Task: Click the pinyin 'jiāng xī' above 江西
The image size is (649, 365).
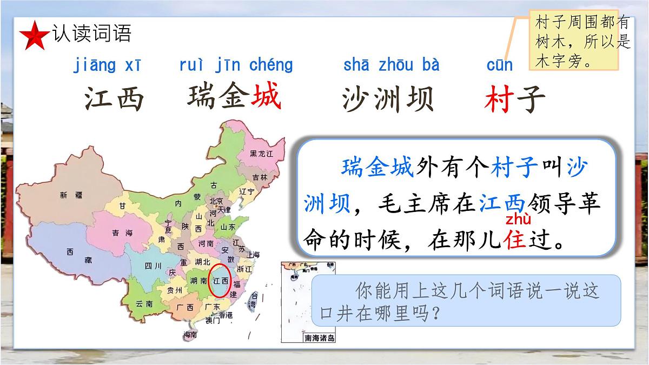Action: pyautogui.click(x=107, y=65)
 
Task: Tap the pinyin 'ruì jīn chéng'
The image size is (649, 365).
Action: pyautogui.click(x=236, y=65)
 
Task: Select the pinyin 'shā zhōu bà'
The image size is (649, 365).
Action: pyautogui.click(x=391, y=65)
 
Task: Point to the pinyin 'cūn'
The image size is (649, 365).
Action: pyautogui.click(x=499, y=65)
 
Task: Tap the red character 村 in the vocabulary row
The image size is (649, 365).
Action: pyautogui.click(x=499, y=99)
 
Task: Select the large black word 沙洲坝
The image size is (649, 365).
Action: pyautogui.click(x=388, y=99)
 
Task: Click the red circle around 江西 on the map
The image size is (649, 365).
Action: pyautogui.click(x=220, y=281)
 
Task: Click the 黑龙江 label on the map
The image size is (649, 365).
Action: pyautogui.click(x=262, y=154)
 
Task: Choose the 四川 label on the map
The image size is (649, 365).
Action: pyautogui.click(x=154, y=266)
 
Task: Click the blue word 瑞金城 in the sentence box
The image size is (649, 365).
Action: pyautogui.click(x=378, y=168)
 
